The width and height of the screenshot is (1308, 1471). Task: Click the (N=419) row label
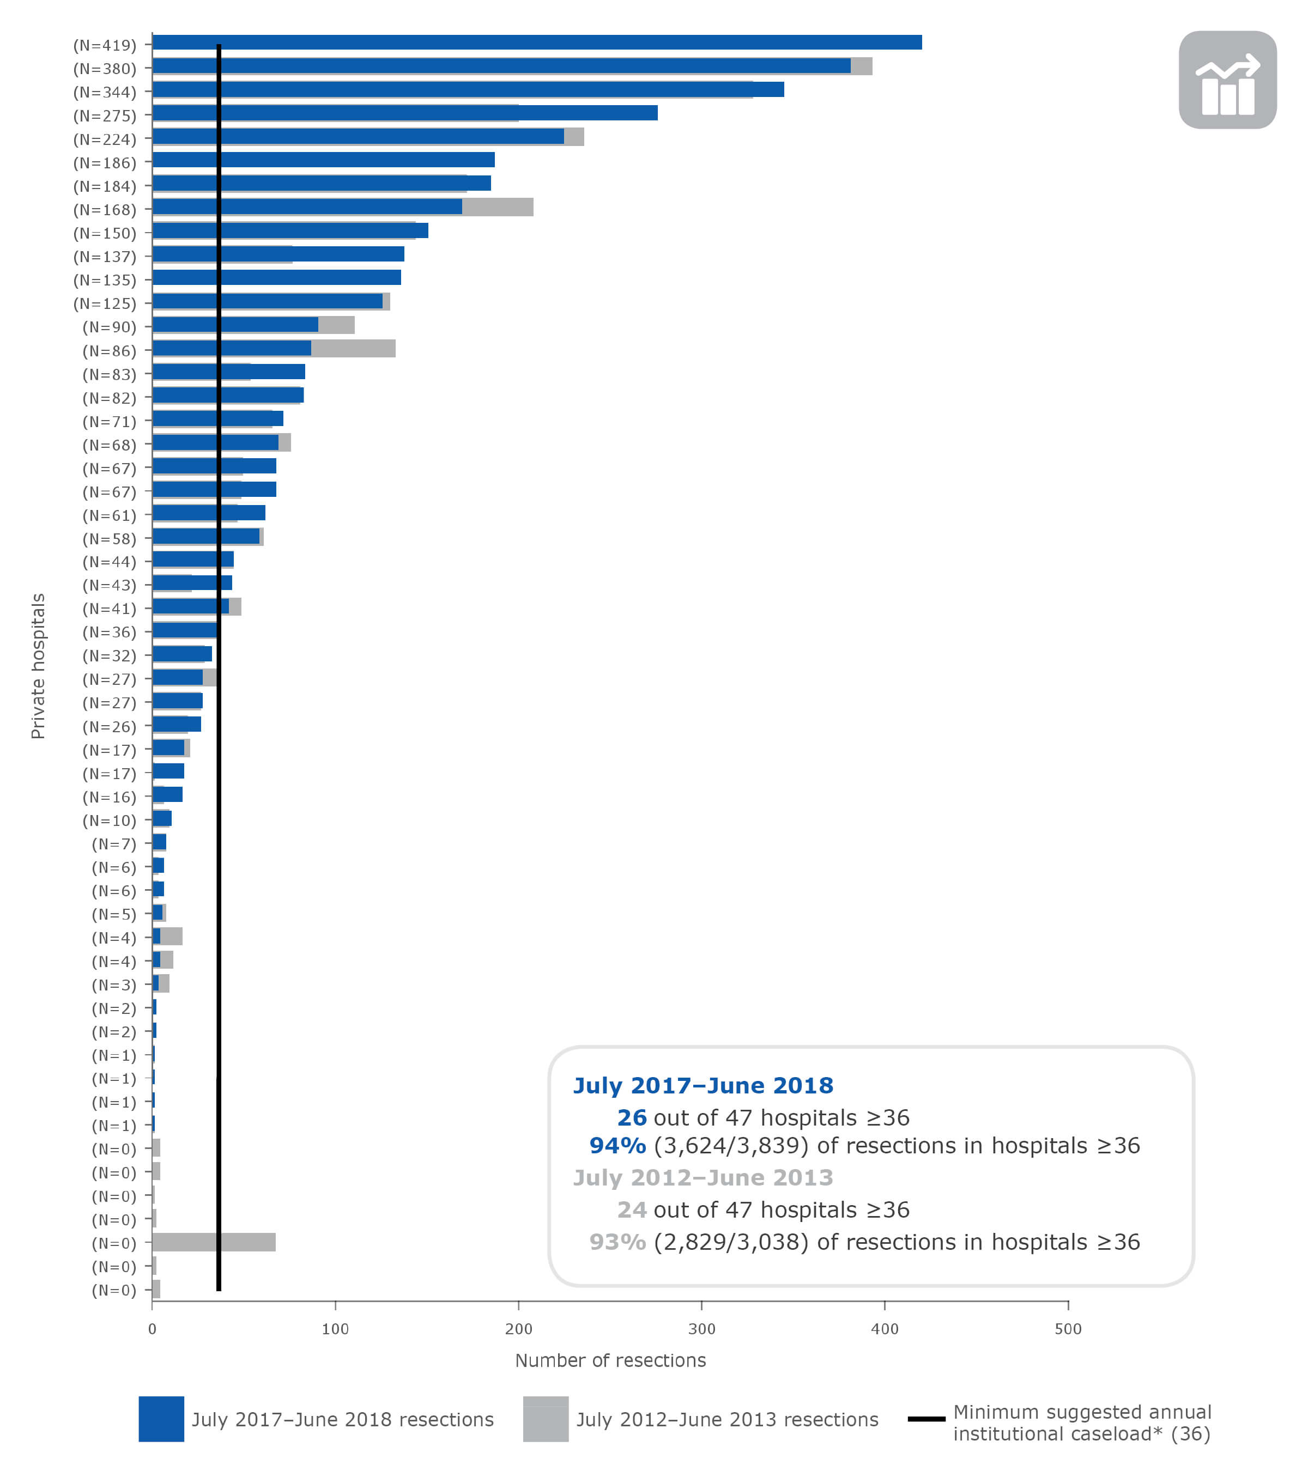105,45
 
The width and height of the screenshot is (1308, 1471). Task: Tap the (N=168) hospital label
105,209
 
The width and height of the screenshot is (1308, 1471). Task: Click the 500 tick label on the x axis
1068,1328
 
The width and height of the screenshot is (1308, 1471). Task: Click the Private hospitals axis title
38,666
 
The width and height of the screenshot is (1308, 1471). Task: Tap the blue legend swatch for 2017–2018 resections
161,1419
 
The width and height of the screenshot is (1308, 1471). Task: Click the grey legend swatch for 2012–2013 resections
546,1419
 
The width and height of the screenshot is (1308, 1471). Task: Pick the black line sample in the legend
926,1419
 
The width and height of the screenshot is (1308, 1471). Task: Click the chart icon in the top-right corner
1227,80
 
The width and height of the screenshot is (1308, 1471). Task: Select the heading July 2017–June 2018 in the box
703,1085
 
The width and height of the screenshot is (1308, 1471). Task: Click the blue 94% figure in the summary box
617,1146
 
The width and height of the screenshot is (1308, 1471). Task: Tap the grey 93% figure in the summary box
617,1242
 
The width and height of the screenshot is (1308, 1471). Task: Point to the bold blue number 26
631,1117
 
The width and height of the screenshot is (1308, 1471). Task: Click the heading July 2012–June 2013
703,1177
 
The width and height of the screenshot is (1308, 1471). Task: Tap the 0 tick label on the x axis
152,1328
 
